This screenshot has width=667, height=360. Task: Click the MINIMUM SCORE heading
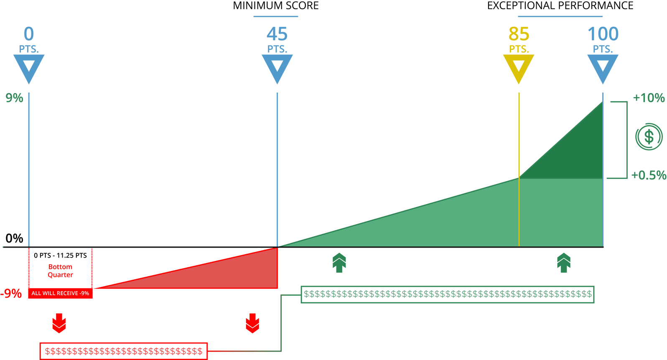(275, 6)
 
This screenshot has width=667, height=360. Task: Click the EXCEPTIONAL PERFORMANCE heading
(560, 6)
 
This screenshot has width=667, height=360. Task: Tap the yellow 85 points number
(519, 34)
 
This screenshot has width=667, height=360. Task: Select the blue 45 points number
(277, 34)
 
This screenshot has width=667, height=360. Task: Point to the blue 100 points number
(603, 34)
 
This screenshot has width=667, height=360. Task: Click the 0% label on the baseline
(14, 238)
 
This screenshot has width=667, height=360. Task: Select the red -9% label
(12, 294)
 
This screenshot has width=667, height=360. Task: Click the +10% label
(649, 98)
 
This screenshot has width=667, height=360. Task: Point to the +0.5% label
(649, 175)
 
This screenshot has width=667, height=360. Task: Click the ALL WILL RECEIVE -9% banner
(60, 294)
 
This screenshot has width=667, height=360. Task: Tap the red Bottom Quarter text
(60, 271)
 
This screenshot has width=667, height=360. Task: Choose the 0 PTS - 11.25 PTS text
(60, 255)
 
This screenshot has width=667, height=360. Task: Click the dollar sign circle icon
(649, 136)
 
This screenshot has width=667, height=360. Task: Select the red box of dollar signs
(123, 351)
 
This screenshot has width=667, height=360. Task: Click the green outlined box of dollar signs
(447, 294)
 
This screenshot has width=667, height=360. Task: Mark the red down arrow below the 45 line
(252, 323)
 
